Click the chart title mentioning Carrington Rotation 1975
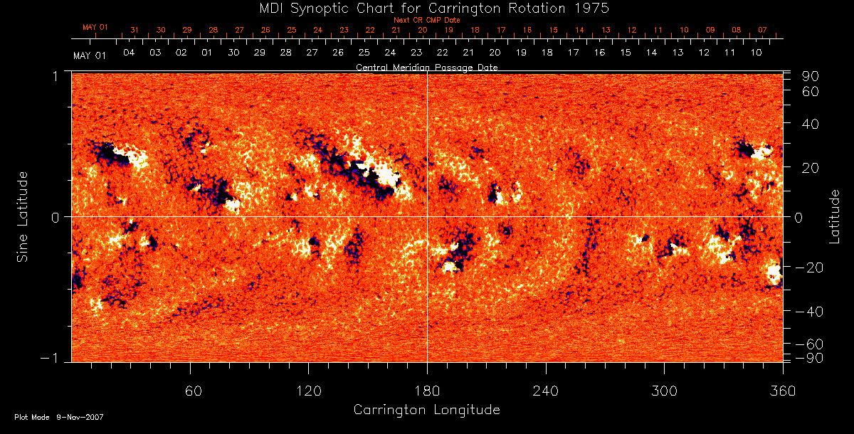(x=426, y=8)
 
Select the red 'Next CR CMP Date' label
(x=426, y=20)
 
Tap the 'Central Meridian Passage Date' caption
(x=426, y=67)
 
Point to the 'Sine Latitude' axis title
(x=23, y=216)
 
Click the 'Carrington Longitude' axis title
(x=426, y=410)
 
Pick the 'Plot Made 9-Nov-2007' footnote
(x=59, y=417)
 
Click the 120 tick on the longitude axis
(x=308, y=390)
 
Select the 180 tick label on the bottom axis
(x=427, y=390)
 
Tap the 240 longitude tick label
(x=546, y=390)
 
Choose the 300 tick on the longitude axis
(x=664, y=390)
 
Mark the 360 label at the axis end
(x=783, y=390)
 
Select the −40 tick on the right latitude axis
(x=810, y=312)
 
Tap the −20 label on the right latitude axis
(x=810, y=268)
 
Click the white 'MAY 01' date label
(x=90, y=55)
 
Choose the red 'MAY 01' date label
(x=95, y=28)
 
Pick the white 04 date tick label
(x=129, y=53)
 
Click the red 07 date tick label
(x=762, y=31)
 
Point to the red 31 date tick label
(x=135, y=31)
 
